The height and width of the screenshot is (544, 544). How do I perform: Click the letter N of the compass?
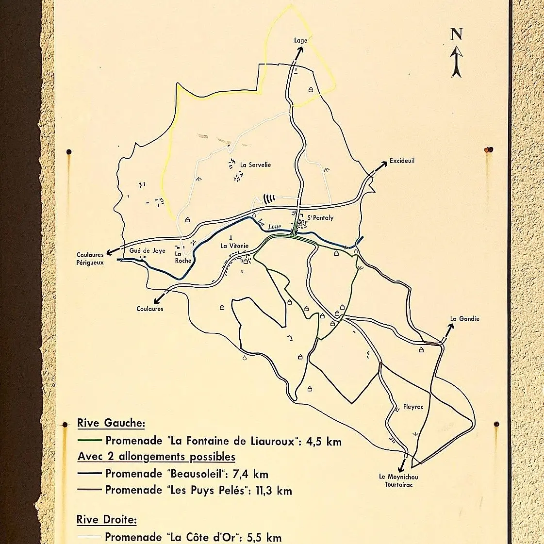pos(456,34)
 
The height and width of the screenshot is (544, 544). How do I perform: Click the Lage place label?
pos(301,41)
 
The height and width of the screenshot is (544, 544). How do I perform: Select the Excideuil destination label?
pos(402,161)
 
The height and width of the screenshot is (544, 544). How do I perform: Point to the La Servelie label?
pos(255,165)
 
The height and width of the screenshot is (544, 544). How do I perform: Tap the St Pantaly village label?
pos(320,218)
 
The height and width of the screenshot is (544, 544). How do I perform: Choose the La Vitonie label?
pos(234,246)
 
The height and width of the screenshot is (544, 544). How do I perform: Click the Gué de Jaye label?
pos(147,251)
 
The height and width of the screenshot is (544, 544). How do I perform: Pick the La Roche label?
pos(183,257)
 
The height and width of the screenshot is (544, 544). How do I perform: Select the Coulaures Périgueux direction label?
pos(90,259)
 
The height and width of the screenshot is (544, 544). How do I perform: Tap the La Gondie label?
pos(464,319)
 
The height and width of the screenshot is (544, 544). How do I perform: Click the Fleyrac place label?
pos(413,407)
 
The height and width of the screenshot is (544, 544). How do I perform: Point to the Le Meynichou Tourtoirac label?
pos(398,480)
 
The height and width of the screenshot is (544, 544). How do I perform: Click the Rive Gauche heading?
pos(111,423)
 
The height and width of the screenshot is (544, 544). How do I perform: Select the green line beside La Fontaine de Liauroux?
pos(89,441)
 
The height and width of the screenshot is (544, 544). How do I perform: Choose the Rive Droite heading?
pos(106,520)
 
